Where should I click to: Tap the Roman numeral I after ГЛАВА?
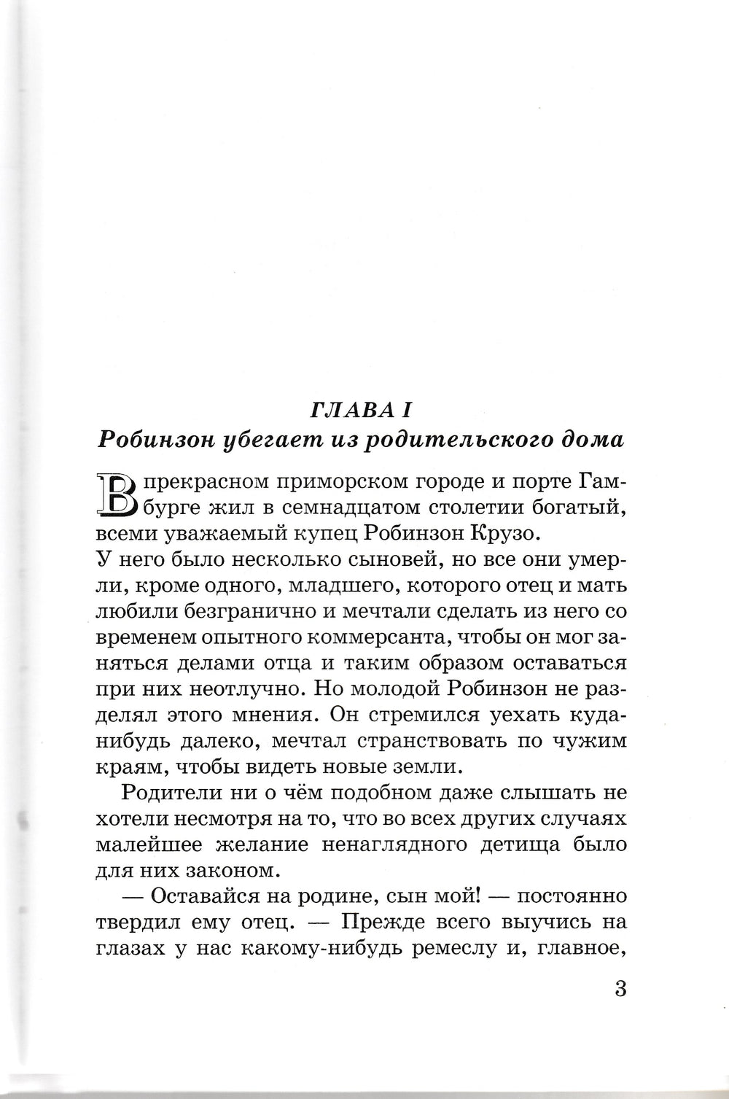click(408, 411)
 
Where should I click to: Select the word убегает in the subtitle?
click(265, 440)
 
